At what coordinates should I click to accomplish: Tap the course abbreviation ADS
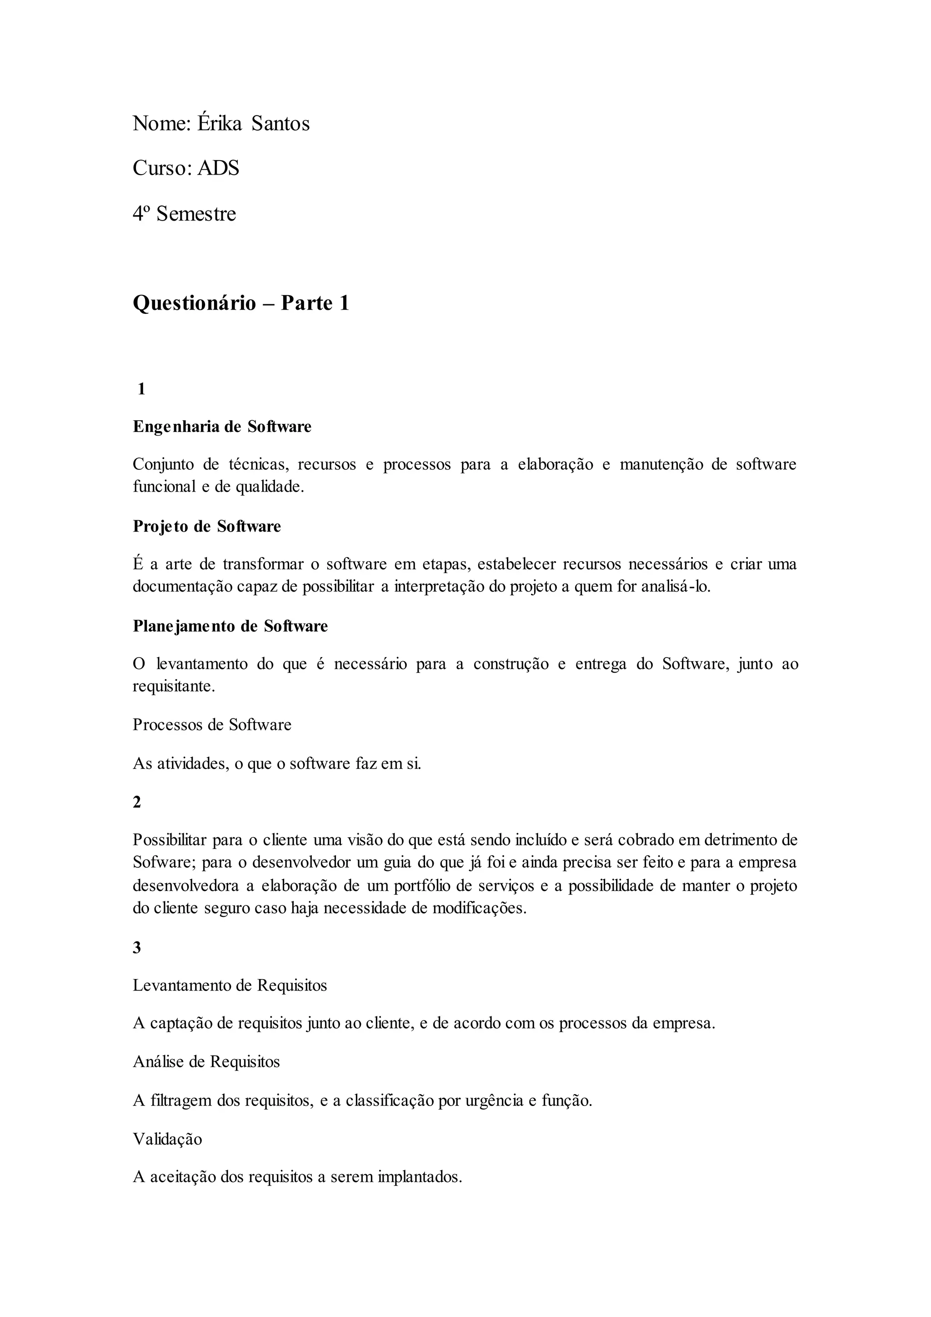tap(218, 169)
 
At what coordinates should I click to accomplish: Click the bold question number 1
tap(141, 389)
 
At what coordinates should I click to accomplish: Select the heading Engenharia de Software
tap(222, 427)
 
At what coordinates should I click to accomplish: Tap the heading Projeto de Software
tap(207, 527)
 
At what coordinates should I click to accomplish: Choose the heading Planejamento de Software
tap(230, 626)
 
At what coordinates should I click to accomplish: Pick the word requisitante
tap(174, 687)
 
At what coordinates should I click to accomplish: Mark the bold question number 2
tap(137, 803)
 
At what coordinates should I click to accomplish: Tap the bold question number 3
tap(137, 948)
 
